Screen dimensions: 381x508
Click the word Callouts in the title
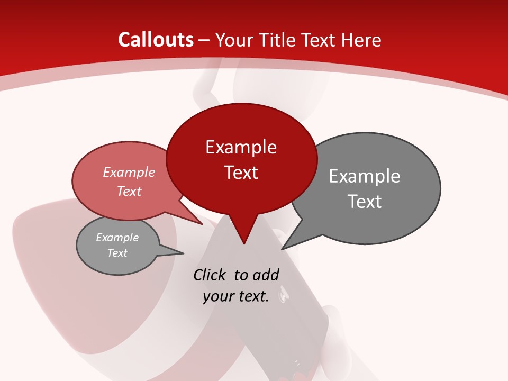click(x=156, y=40)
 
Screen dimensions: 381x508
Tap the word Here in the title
click(x=361, y=40)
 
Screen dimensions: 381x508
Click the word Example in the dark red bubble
click(x=241, y=147)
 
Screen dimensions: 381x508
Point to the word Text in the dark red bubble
click(x=241, y=173)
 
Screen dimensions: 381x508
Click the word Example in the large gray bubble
click(x=364, y=176)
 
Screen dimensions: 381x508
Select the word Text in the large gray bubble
click(x=364, y=202)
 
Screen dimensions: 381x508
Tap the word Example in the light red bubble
click(x=129, y=172)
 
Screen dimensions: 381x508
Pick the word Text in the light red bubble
click(x=129, y=191)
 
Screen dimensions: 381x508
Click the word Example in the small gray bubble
click(x=117, y=238)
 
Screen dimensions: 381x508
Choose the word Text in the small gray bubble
click(x=117, y=253)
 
